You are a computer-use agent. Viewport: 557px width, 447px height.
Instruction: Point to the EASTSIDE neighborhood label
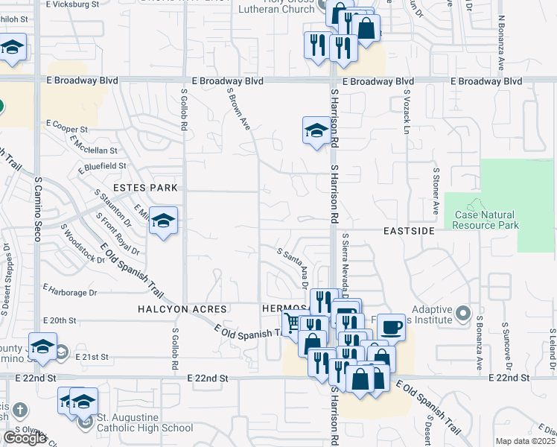(409, 232)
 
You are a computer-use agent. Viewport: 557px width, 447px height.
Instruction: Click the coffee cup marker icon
(392, 327)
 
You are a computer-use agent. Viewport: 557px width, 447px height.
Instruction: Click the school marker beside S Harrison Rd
(316, 131)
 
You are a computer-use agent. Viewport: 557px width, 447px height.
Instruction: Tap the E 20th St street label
(60, 320)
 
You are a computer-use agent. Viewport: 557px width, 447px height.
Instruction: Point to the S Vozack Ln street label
(407, 112)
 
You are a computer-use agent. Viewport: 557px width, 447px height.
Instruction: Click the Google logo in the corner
(25, 438)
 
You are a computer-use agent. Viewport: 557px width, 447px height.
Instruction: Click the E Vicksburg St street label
(72, 4)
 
